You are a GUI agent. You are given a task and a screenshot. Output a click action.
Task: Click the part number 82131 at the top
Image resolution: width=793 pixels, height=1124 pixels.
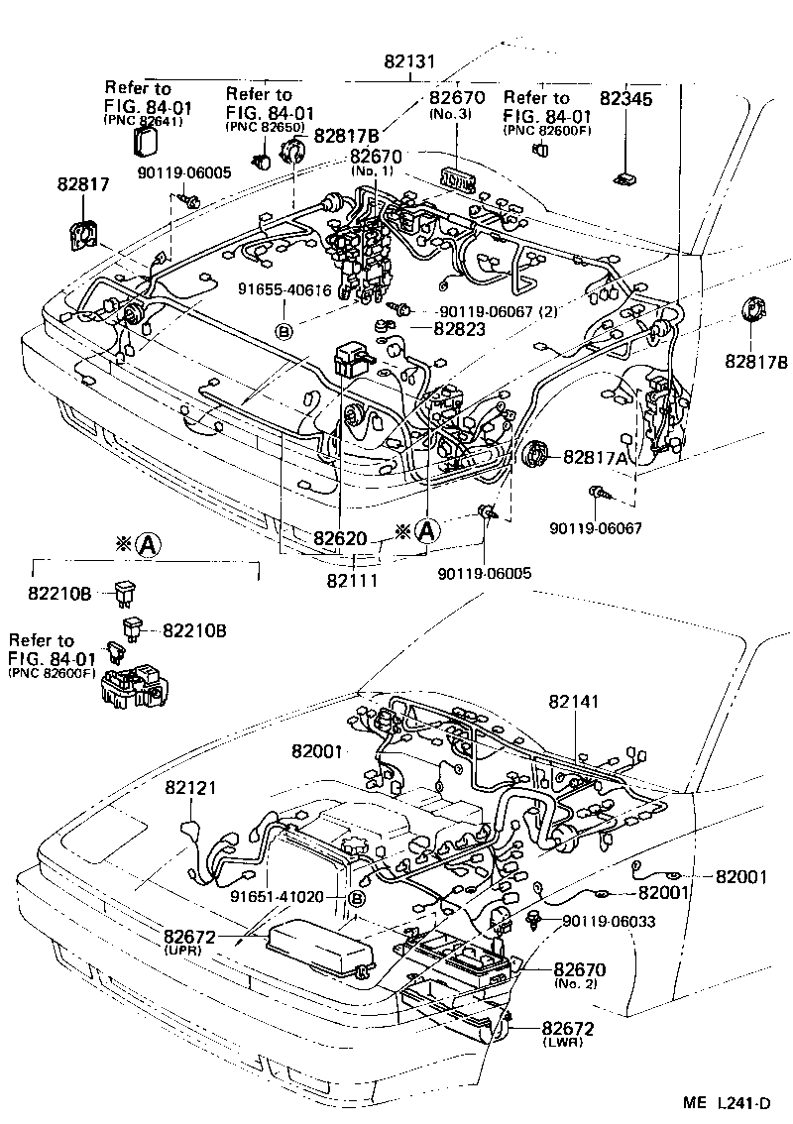click(x=409, y=60)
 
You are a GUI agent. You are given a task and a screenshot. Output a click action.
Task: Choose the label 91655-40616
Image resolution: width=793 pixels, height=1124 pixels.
click(x=283, y=290)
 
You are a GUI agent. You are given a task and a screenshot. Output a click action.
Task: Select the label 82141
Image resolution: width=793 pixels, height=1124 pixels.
click(x=574, y=700)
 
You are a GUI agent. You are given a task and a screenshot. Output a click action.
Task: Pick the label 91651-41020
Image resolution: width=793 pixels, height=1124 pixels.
click(x=277, y=897)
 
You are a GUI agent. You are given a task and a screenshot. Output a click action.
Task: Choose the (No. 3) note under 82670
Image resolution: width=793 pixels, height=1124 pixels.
click(x=456, y=114)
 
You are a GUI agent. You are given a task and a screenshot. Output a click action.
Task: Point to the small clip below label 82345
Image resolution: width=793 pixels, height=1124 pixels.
click(x=625, y=177)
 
